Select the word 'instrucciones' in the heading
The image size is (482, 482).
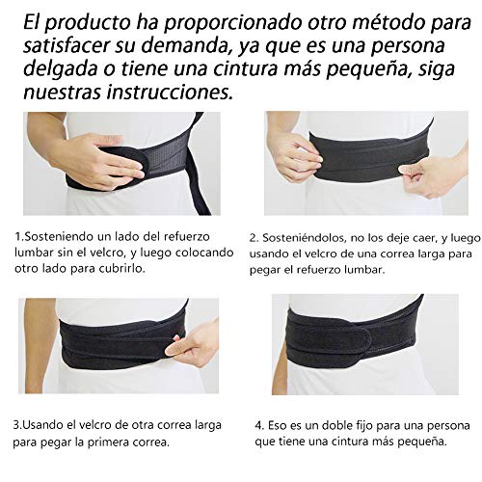click(170, 92)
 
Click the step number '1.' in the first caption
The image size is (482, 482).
click(19, 237)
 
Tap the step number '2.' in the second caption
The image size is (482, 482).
click(254, 238)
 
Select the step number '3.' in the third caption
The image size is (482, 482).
click(17, 425)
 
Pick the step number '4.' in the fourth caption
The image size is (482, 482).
click(259, 426)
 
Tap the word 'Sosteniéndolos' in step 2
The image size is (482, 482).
click(305, 238)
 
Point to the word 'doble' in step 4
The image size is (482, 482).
click(335, 425)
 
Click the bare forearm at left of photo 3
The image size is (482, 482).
click(37, 344)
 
